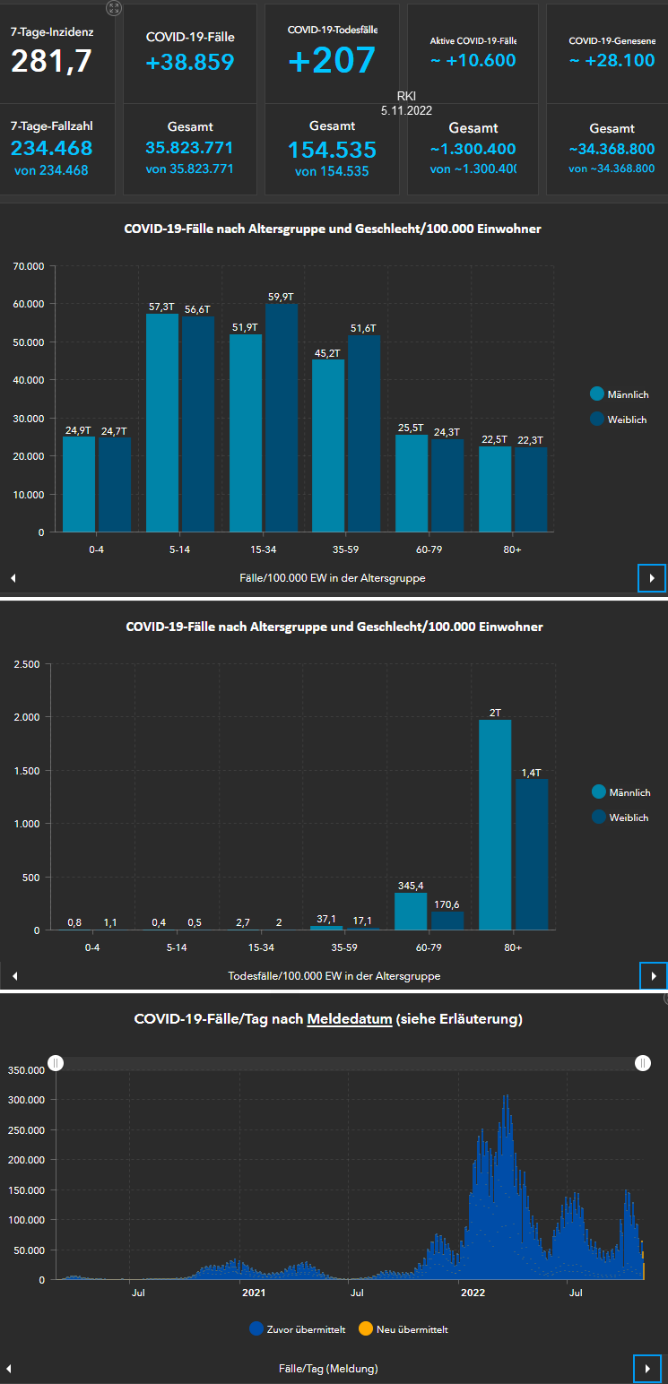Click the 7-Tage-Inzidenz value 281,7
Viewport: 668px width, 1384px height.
(x=52, y=61)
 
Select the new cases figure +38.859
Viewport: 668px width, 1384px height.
(x=190, y=62)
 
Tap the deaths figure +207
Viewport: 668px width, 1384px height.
(x=332, y=60)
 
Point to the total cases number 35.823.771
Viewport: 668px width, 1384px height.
(x=189, y=148)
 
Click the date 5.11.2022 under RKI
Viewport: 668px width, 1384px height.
(x=405, y=109)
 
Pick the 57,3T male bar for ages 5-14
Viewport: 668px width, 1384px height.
(x=162, y=422)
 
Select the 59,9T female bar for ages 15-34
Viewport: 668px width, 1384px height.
(x=282, y=418)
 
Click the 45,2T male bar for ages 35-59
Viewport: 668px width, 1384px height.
(x=328, y=445)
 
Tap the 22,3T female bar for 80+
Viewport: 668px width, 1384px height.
(x=531, y=489)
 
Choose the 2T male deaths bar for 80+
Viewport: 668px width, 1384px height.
(x=495, y=825)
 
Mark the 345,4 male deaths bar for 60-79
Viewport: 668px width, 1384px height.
(x=412, y=911)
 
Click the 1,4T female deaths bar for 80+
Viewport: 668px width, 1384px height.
(x=532, y=854)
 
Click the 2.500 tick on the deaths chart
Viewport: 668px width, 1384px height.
(x=28, y=664)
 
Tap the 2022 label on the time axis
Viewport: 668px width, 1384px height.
(x=473, y=1293)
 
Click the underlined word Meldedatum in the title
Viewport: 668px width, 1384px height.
(x=350, y=1019)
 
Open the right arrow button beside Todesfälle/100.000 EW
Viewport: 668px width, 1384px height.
(x=653, y=975)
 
